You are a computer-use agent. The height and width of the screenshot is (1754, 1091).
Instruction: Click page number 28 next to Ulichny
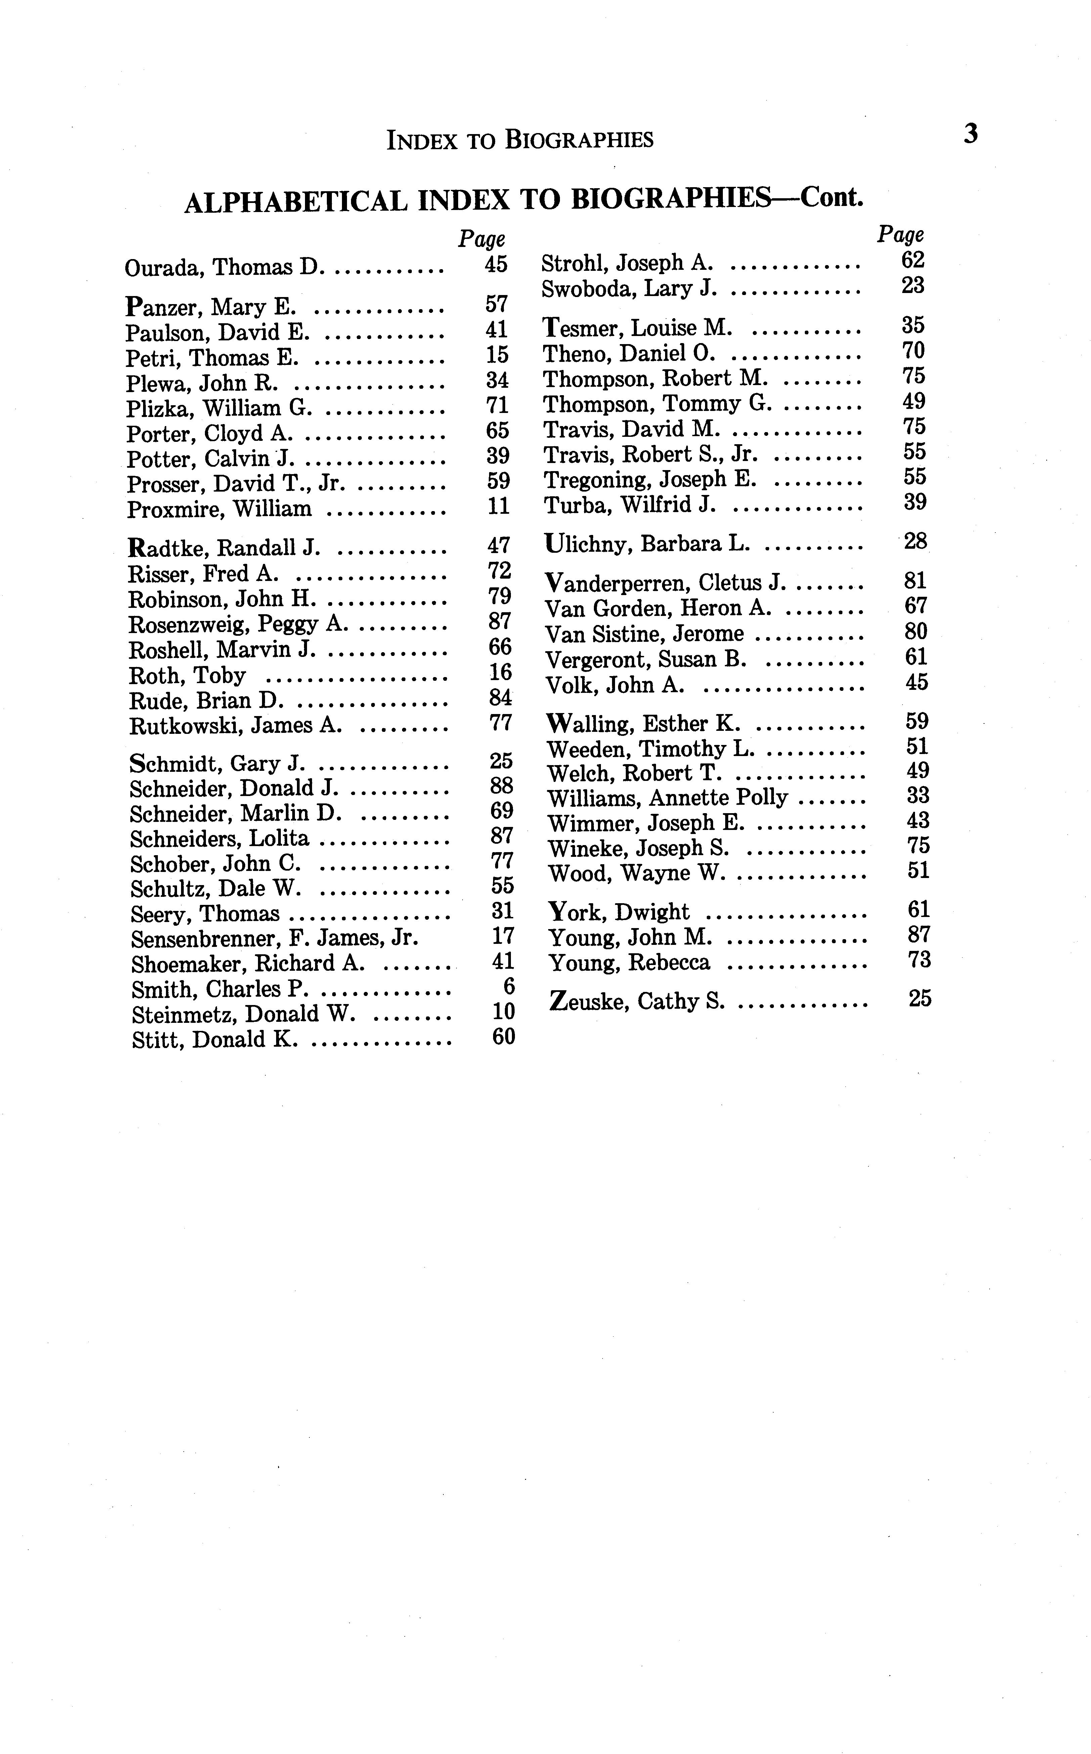coord(915,541)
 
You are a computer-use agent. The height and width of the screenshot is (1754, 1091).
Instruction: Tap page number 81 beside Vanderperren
coord(915,581)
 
